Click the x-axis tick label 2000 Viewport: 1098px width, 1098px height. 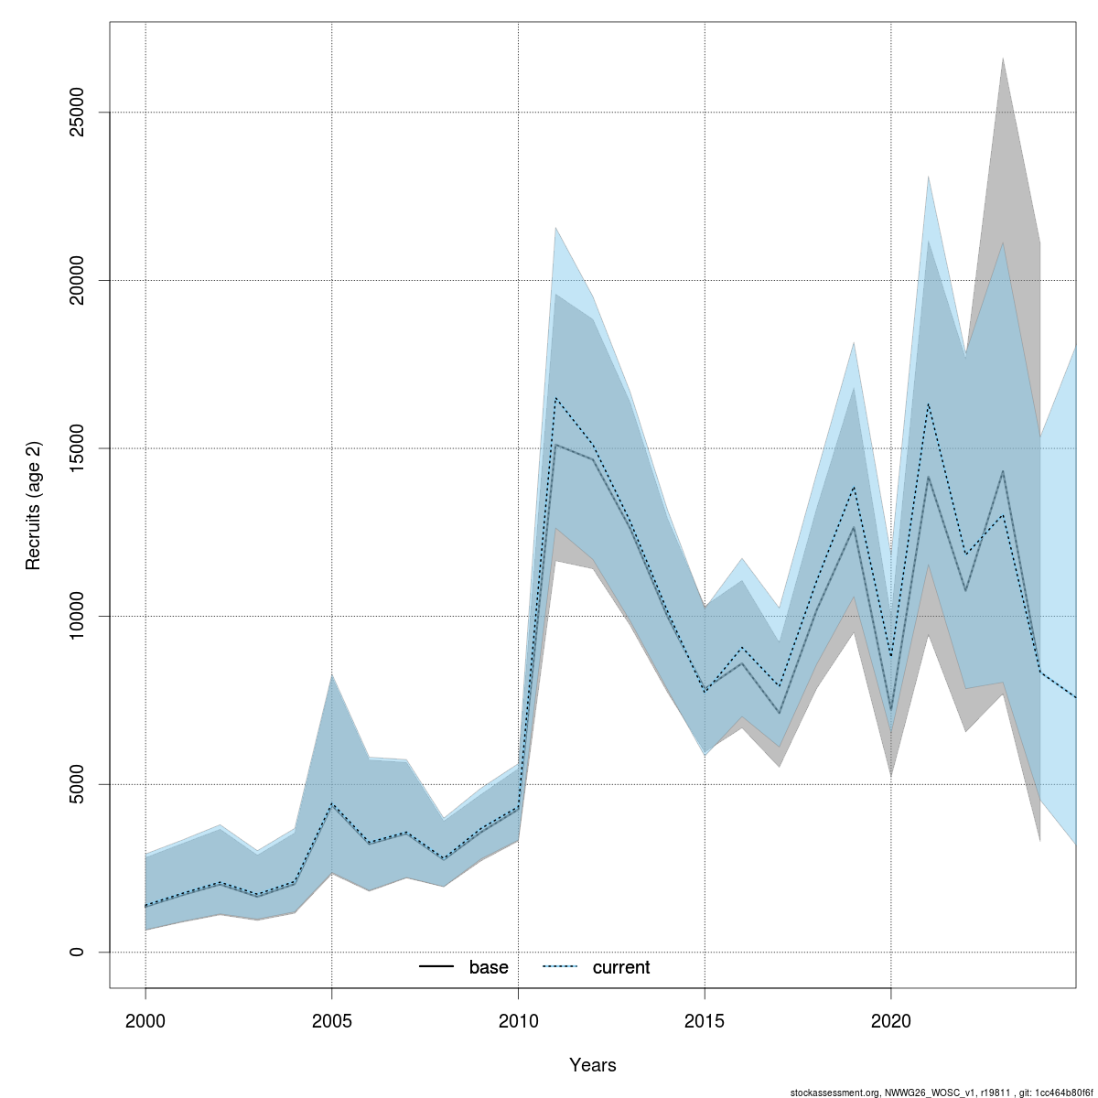tap(145, 1020)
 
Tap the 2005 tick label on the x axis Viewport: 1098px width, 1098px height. tap(332, 1020)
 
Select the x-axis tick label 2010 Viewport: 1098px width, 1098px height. tap(519, 1020)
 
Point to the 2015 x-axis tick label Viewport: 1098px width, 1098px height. tap(705, 1020)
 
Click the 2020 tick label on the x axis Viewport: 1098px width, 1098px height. tap(891, 1020)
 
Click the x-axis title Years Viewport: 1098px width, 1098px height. tap(593, 1065)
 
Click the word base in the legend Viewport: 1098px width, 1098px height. tap(489, 967)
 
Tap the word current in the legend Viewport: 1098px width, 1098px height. tap(621, 967)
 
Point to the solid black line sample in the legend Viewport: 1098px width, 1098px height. tap(436, 967)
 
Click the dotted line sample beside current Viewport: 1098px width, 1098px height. tap(560, 967)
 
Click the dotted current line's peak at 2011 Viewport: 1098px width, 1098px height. tap(555, 398)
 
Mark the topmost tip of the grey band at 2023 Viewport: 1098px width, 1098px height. tap(1003, 59)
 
